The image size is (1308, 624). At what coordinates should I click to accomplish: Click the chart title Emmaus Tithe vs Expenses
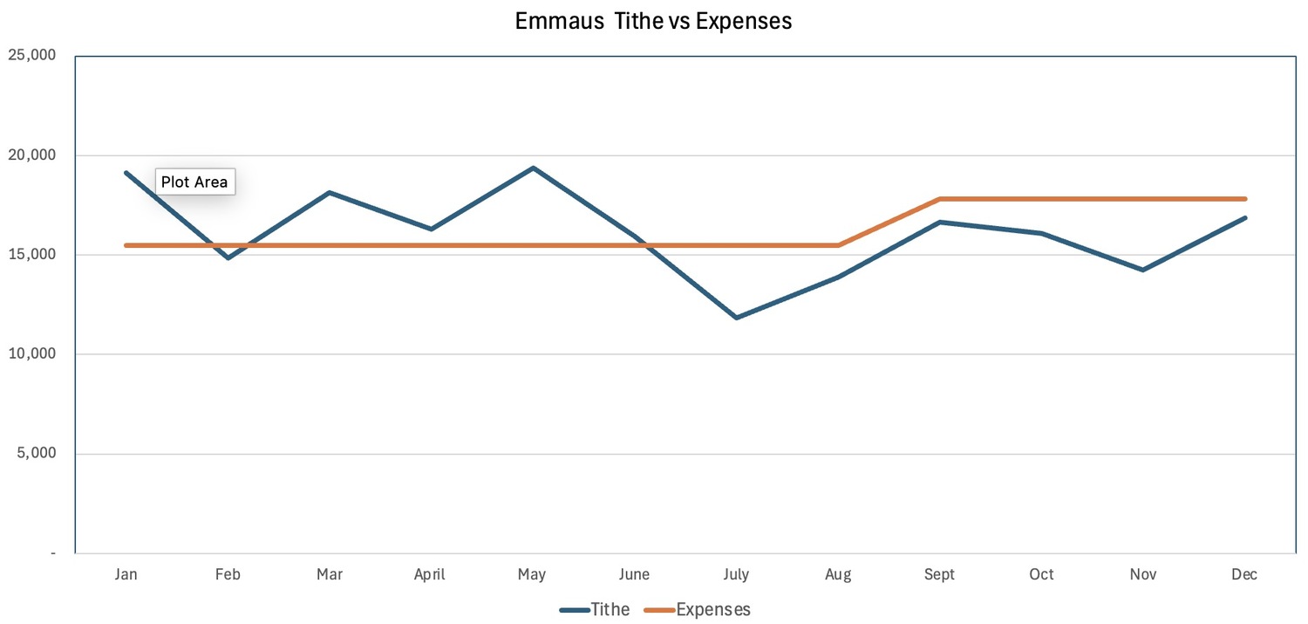tap(653, 21)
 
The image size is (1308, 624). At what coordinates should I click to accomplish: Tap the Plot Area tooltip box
tap(194, 182)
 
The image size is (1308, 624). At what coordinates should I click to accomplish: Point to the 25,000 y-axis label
tap(31, 56)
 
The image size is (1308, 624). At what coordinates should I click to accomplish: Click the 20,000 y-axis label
tap(31, 155)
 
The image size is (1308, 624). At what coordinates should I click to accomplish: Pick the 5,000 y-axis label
tap(35, 454)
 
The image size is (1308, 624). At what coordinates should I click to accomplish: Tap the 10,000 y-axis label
tap(31, 354)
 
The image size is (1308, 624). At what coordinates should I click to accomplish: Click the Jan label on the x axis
tap(126, 574)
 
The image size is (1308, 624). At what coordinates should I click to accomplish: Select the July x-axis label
tap(736, 574)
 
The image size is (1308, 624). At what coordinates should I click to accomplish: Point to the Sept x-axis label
tap(939, 574)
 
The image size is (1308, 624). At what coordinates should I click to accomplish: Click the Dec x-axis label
tap(1244, 574)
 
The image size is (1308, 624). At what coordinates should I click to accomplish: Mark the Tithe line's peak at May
tap(533, 168)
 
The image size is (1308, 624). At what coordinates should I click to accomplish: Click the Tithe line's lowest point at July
tap(736, 318)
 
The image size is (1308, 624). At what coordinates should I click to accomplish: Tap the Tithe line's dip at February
tap(228, 258)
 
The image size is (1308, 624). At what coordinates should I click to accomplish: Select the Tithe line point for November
tap(1142, 270)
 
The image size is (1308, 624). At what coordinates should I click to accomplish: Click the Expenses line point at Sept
tap(939, 199)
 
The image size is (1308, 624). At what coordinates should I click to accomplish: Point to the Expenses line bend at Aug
tap(838, 245)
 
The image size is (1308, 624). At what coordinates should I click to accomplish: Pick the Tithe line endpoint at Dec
tap(1244, 217)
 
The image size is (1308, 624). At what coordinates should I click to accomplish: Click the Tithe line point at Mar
tap(330, 192)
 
